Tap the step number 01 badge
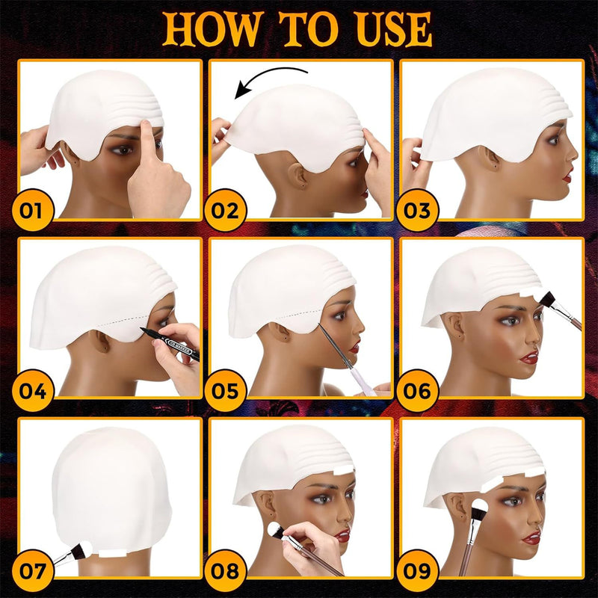pos(32,209)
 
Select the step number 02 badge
pos(224,209)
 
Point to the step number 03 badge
pos(416,209)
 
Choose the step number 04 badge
pos(32,389)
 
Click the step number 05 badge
pos(224,389)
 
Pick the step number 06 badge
pos(416,389)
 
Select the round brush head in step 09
pos(481,509)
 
